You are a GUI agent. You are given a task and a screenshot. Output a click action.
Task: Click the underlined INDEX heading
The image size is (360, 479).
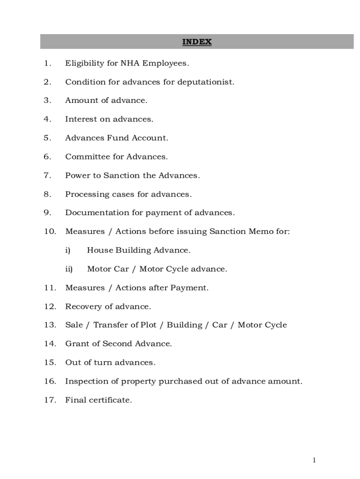[197, 42]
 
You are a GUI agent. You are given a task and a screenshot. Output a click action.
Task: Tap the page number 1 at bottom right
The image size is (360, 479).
[314, 460]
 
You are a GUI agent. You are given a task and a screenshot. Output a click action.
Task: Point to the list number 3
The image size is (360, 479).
[47, 100]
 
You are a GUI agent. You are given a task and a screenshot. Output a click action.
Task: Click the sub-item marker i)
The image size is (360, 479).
[68, 250]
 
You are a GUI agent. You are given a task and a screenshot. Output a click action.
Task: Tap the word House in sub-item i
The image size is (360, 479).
[99, 250]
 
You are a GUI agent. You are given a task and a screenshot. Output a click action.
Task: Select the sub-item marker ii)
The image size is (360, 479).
[69, 269]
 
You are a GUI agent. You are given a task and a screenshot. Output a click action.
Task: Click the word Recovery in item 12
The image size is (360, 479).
[82, 306]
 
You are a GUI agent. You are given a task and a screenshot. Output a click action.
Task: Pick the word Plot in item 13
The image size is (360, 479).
[148, 325]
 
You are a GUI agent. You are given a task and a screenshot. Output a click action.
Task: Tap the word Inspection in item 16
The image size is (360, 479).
[86, 381]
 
